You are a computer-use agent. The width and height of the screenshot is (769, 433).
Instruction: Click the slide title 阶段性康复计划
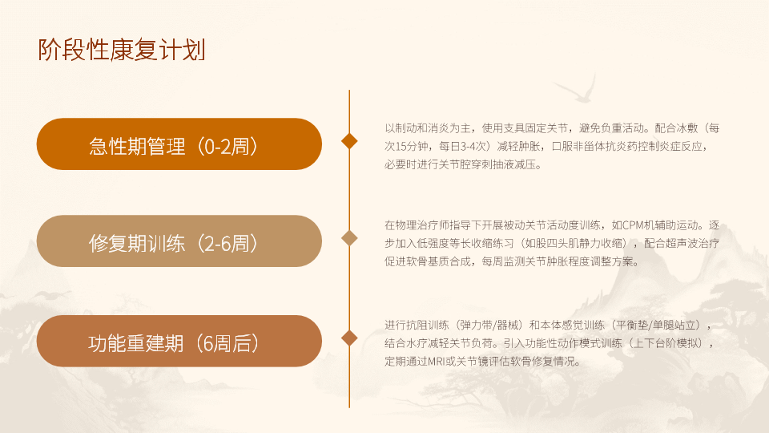coord(122,50)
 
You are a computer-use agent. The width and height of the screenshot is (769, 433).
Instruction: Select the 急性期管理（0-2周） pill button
coord(179,144)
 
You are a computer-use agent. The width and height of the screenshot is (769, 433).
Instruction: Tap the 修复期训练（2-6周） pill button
coord(179,241)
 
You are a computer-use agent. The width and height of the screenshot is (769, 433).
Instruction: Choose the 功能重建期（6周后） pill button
coord(179,341)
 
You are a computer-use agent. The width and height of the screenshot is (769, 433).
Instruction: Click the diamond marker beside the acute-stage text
coord(349,141)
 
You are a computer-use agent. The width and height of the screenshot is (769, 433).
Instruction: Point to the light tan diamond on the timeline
coord(349,238)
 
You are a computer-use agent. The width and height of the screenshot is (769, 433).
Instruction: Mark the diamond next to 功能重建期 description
coord(349,338)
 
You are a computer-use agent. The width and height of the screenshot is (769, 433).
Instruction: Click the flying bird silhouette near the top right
coord(576,89)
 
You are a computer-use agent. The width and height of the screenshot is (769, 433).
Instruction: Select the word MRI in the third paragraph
coord(436,362)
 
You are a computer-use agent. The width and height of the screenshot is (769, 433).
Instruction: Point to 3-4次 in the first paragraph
coord(473,146)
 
